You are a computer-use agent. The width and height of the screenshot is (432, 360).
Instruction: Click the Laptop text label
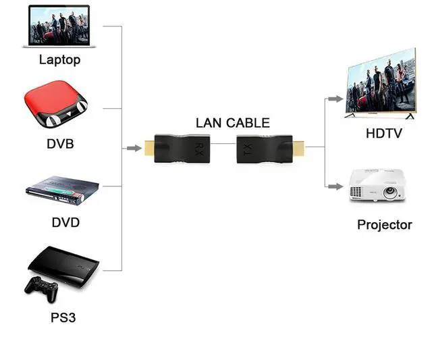point(59,59)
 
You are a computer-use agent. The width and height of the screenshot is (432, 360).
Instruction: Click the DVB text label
point(60,143)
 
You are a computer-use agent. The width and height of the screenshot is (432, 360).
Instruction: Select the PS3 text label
point(62,316)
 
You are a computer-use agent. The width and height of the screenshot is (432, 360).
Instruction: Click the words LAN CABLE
point(232,123)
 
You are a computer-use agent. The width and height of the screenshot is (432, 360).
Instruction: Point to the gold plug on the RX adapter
point(147,147)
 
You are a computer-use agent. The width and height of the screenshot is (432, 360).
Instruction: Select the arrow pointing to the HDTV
point(335,99)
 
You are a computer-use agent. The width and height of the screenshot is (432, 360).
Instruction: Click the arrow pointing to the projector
point(335,185)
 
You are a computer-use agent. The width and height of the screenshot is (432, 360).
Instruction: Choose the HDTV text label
point(383,134)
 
